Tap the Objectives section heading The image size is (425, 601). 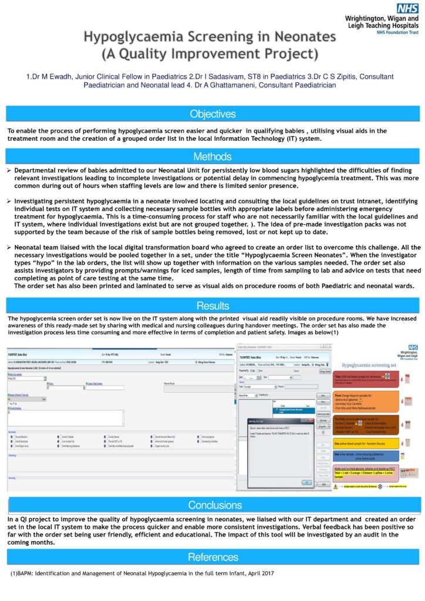pyautogui.click(x=212, y=114)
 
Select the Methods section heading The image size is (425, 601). pyautogui.click(x=212, y=157)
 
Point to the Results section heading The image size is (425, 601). pyautogui.click(x=212, y=305)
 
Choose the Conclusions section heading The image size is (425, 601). pyautogui.click(x=212, y=505)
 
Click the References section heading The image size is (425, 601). pyautogui.click(x=212, y=557)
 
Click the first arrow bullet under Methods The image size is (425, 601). pyautogui.click(x=9, y=170)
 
